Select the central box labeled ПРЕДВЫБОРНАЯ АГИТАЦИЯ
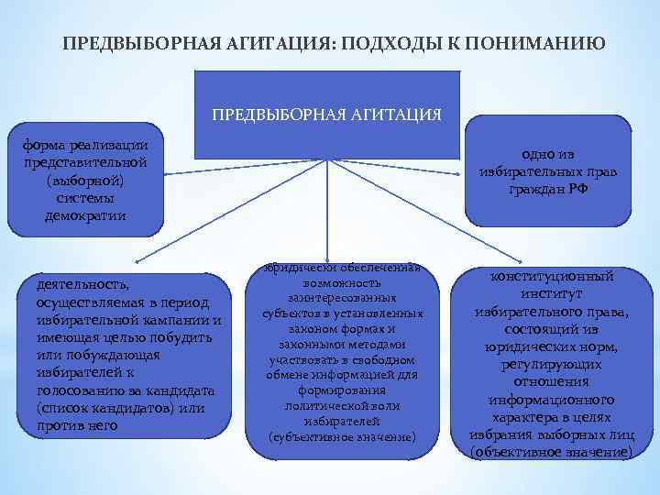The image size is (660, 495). pos(327,115)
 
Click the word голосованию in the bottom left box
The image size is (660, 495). pos(75,390)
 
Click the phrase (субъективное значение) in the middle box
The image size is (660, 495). pos(342,437)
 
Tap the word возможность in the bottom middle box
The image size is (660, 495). pos(342,283)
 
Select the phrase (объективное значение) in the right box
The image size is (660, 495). pos(551,453)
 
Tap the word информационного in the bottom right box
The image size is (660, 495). pos(551,400)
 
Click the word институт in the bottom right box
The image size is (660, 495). pos(551,294)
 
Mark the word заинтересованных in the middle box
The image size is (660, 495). pos(342,299)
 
